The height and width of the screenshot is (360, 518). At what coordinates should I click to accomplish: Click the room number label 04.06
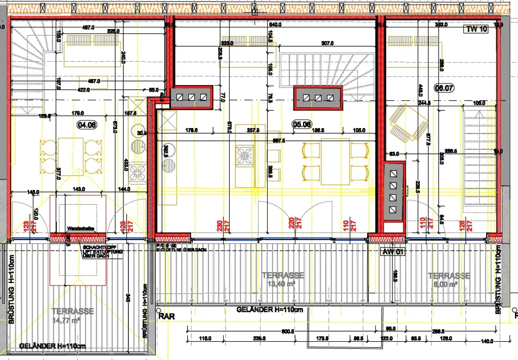coord(85,124)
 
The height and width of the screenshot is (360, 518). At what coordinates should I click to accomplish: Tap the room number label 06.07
coord(444,87)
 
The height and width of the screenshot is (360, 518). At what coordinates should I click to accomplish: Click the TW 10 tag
coord(476,29)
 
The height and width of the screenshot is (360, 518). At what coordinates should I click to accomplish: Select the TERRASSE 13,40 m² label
coord(283,279)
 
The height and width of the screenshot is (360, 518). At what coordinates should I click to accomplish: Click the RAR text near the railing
coord(166,316)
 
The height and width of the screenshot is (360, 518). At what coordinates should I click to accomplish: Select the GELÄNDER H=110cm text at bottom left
coord(52,346)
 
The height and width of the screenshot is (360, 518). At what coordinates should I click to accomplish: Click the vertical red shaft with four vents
coord(394,191)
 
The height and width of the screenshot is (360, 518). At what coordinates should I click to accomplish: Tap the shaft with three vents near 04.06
coord(191,97)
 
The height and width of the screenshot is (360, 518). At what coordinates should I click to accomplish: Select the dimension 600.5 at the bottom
coord(288,332)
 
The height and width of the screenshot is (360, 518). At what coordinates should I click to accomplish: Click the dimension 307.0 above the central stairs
coord(329,44)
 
